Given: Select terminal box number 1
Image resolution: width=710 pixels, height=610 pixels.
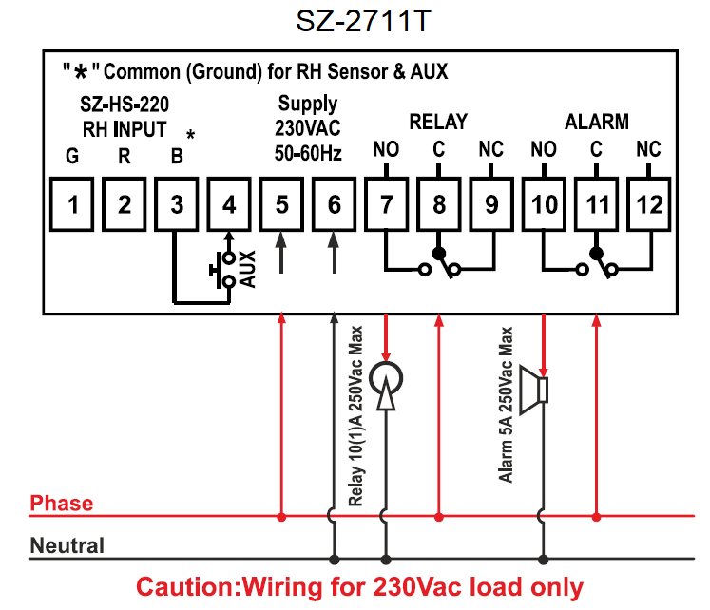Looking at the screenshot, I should coord(72,204).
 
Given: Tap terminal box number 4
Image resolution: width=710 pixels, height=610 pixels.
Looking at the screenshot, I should coord(229,204).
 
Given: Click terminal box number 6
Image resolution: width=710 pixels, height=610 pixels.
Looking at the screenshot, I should coord(334,204).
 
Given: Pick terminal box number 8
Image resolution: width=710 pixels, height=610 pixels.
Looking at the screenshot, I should coord(438,204).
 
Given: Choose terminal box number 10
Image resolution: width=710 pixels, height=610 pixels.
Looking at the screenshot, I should coord(544,204).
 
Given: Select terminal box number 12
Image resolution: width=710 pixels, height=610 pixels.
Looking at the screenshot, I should coord(648,204).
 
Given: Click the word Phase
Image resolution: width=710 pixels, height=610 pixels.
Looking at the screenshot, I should coord(62,503).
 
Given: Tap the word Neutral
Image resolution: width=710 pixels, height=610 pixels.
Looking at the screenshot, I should coord(67,546).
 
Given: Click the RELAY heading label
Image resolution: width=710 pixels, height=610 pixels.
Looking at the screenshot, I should coord(438,122).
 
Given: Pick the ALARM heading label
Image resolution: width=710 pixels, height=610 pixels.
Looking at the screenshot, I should coord(597,122).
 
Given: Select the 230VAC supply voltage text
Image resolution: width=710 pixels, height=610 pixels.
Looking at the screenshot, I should coord(307,127).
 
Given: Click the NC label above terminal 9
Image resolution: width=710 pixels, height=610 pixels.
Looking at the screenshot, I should coord(490,149).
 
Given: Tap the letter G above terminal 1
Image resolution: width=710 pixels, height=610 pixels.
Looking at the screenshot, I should coord(72,157).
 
